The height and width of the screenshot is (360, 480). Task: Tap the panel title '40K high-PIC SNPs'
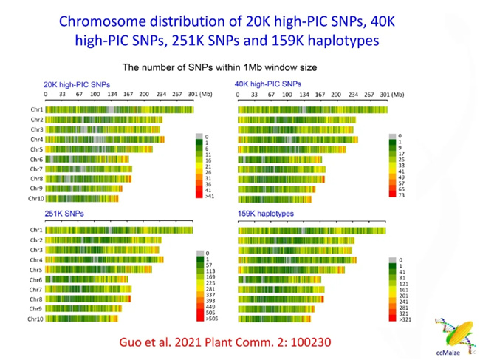coord(268,84)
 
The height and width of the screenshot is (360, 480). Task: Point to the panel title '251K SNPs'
coord(64,214)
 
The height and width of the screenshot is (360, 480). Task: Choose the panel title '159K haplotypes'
coord(266,214)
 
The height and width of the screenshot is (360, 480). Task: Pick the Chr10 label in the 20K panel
coord(35,198)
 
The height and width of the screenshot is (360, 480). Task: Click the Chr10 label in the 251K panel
coord(35,319)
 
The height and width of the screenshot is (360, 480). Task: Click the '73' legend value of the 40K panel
coord(399,195)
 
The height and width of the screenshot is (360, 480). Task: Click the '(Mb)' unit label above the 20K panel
coord(208,95)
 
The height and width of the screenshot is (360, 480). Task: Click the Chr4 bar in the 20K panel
coord(104,139)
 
